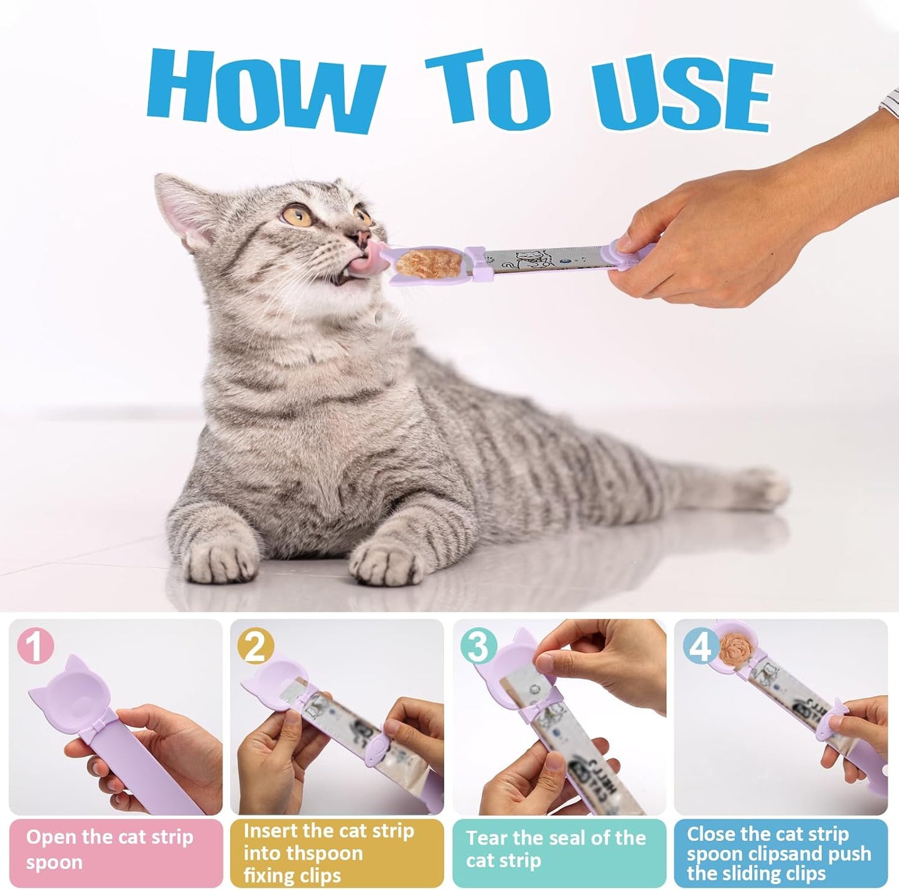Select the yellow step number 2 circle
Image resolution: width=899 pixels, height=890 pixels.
tap(256, 647)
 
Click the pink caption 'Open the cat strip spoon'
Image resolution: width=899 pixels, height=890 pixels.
tap(109, 850)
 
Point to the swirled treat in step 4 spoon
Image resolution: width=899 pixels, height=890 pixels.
tap(734, 647)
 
